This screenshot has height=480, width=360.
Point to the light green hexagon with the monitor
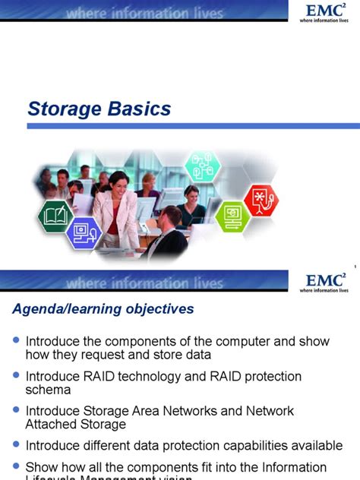[x=232, y=215]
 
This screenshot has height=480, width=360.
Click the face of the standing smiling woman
[x=120, y=182]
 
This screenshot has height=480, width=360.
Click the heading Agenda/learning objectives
[x=103, y=309]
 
